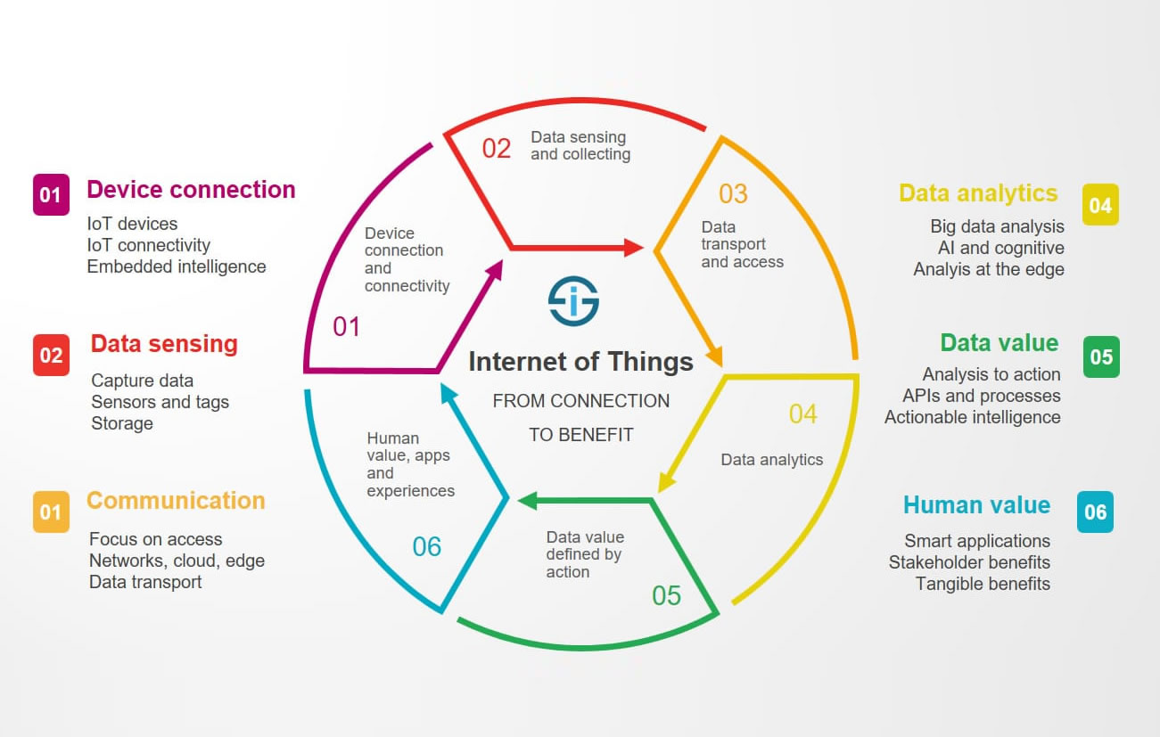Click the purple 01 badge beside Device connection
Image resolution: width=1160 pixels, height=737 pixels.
51,194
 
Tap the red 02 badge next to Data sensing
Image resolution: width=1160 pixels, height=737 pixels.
51,355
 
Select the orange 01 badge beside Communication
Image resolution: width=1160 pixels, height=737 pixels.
51,512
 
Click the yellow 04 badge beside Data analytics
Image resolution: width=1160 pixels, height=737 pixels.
1100,204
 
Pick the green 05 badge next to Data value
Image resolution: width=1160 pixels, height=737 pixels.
1101,356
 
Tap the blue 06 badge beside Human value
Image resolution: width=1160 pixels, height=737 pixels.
1095,512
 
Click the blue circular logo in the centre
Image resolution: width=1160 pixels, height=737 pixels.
574,301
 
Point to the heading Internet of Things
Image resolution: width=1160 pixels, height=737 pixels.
580,361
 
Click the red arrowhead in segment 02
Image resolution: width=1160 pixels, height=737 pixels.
633,248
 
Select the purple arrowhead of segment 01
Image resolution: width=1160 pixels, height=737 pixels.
495,270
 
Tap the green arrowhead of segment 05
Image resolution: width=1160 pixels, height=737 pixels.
527,501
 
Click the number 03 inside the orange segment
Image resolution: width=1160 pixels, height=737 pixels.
733,194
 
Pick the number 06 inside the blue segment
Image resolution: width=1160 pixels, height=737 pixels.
427,546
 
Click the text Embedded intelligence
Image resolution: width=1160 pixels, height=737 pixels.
176,266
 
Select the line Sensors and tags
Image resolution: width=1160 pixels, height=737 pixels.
160,402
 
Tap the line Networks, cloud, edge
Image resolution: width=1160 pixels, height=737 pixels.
177,561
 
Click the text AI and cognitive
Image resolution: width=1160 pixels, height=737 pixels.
1001,248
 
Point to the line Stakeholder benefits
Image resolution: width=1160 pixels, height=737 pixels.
969,562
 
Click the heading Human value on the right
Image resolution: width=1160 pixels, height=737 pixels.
976,504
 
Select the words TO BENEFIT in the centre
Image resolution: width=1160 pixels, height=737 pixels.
580,435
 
